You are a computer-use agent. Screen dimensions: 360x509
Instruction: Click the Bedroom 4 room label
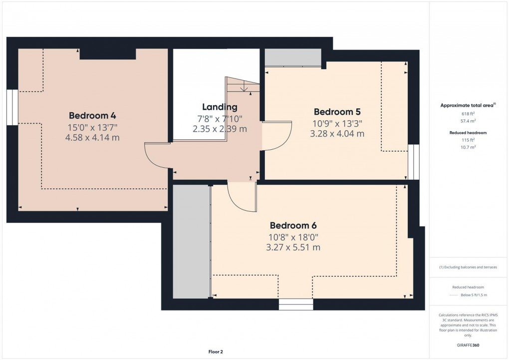pos(92,115)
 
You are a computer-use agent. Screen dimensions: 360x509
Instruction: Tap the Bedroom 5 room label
pos(337,111)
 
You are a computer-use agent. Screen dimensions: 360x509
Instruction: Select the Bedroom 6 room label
pos(294,225)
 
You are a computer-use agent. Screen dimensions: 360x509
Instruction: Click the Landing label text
pos(220,107)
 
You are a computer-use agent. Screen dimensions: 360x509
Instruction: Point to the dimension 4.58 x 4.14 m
pos(92,137)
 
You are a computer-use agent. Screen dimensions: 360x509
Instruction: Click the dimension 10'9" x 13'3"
pos(337,123)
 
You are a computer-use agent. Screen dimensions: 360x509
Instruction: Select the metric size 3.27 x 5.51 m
pos(294,247)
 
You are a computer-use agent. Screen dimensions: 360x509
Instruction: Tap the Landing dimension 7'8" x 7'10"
pos(220,118)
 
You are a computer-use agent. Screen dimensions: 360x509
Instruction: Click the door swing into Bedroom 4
pos(156,156)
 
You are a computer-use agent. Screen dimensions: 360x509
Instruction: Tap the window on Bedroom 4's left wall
pos(12,107)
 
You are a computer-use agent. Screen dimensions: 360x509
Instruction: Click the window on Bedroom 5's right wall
pos(413,162)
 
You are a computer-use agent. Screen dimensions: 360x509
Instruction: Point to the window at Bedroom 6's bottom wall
pos(295,304)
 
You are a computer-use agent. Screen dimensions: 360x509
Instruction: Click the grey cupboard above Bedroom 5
pos(292,57)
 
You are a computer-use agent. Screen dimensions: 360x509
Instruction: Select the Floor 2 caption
pos(216,352)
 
